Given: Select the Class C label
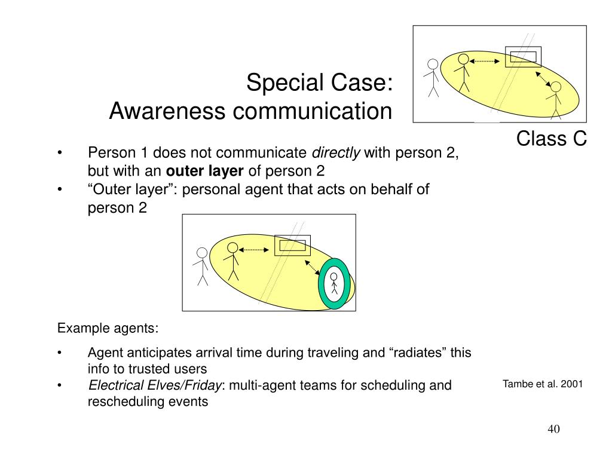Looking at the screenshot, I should (x=552, y=139).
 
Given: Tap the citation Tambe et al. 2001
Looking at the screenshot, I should (x=543, y=384).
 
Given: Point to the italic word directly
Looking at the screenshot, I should (x=337, y=153).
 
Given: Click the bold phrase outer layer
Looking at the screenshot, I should (x=204, y=171).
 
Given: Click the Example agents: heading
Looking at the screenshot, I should (x=108, y=328).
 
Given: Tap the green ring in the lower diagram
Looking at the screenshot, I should (x=323, y=284).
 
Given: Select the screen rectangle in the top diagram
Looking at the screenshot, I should (x=523, y=56).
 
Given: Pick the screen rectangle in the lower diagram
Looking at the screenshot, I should (x=292, y=246).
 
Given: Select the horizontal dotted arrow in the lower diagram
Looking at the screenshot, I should (x=256, y=250).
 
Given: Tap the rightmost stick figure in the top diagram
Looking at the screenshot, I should (x=556, y=99).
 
